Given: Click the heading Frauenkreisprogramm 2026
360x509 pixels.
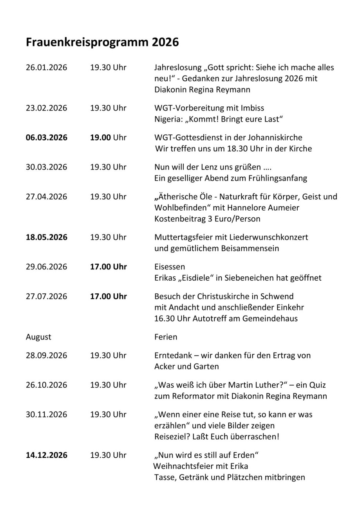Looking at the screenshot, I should click(x=102, y=42).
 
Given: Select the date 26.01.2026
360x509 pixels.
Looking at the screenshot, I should click(x=47, y=68).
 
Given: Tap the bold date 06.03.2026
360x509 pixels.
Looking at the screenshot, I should click(x=47, y=138).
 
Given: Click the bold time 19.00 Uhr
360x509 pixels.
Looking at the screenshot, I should click(x=108, y=138).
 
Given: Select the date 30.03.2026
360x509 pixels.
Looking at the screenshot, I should click(x=47, y=167).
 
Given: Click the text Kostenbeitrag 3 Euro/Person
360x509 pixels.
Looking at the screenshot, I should click(x=207, y=219).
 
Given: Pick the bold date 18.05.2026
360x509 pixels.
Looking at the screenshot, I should click(x=47, y=237).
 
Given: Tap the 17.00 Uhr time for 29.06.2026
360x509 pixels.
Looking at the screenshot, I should click(x=109, y=267).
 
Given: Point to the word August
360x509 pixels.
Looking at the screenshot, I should click(x=38, y=337).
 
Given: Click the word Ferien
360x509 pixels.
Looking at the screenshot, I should click(x=166, y=337).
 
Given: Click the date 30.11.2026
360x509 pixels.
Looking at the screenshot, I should click(x=47, y=415).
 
